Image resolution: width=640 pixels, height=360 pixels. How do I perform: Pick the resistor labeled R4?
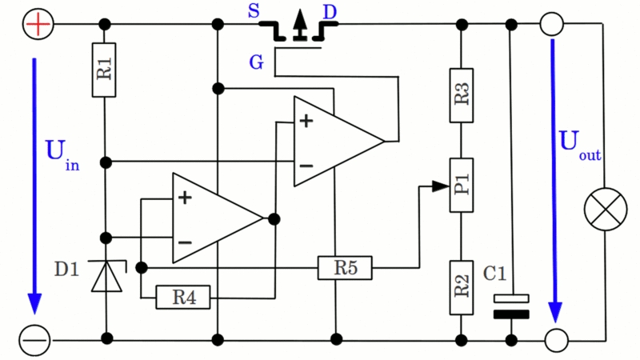(183, 298)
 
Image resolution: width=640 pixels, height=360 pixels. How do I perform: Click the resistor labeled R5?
(345, 267)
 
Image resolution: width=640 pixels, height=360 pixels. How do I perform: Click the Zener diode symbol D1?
(106, 275)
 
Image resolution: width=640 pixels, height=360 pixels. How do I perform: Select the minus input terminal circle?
(36, 341)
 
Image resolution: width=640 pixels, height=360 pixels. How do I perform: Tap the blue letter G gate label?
(256, 62)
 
